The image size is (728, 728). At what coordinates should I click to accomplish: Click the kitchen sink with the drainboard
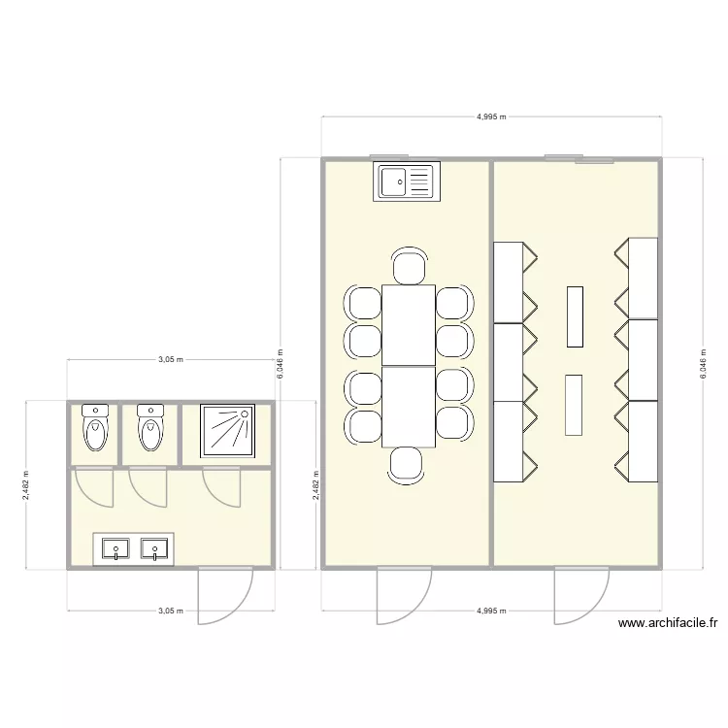(407, 182)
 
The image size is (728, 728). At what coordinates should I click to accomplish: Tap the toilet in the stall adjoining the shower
(149, 430)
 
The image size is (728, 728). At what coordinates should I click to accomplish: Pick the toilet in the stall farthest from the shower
(95, 430)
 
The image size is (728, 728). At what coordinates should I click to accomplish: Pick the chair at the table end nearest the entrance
(407, 464)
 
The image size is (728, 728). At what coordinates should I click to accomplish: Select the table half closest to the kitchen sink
(409, 325)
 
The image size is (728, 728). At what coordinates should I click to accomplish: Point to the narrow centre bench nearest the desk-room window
(575, 315)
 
